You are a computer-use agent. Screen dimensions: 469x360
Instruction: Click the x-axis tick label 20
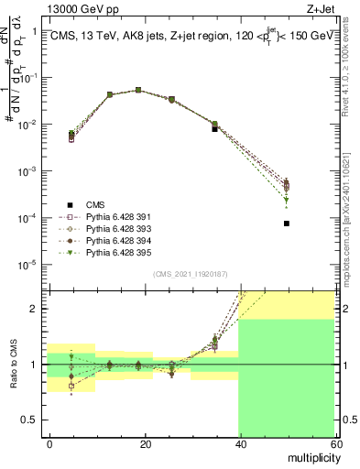click(x=144, y=443)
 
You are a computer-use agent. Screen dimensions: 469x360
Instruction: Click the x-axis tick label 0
click(x=49, y=443)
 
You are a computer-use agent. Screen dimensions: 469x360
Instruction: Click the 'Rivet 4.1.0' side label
click(x=351, y=64)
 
